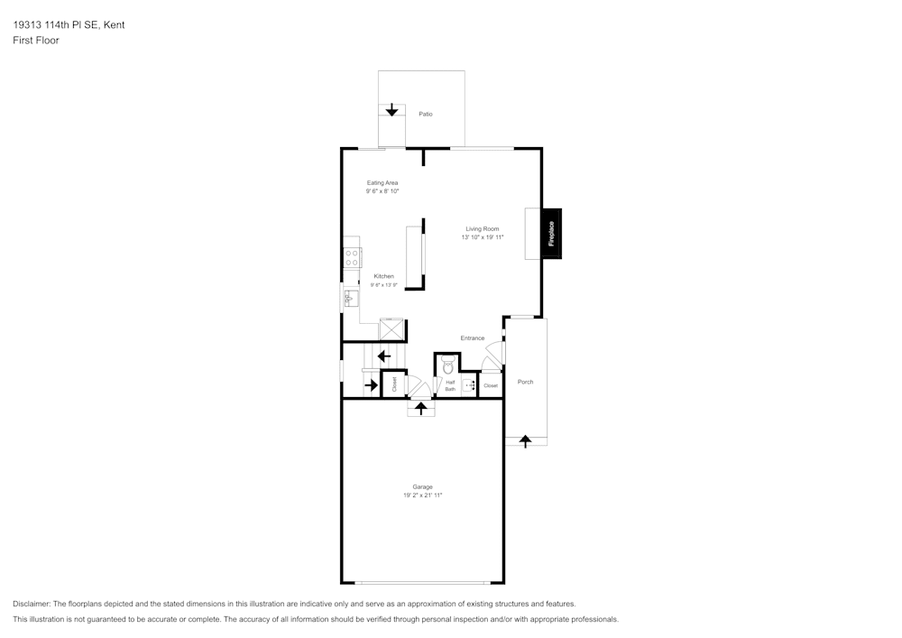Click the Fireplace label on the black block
tap(551, 234)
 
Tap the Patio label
tap(425, 114)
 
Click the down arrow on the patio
tap(391, 110)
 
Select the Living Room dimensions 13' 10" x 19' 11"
tap(483, 237)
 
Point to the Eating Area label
tap(382, 182)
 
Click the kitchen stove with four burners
tap(352, 256)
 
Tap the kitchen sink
tap(350, 297)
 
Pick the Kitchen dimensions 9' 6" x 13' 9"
tap(383, 285)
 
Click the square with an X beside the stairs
tap(392, 329)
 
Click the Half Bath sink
tap(469, 385)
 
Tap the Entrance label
tap(473, 338)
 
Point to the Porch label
tap(525, 382)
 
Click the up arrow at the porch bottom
tap(525, 440)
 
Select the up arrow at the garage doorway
tap(421, 408)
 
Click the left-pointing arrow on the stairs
tap(383, 356)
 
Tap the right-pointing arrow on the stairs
tap(371, 386)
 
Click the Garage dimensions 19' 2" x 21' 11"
tap(423, 495)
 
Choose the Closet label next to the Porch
tap(490, 386)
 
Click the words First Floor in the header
tap(36, 41)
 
